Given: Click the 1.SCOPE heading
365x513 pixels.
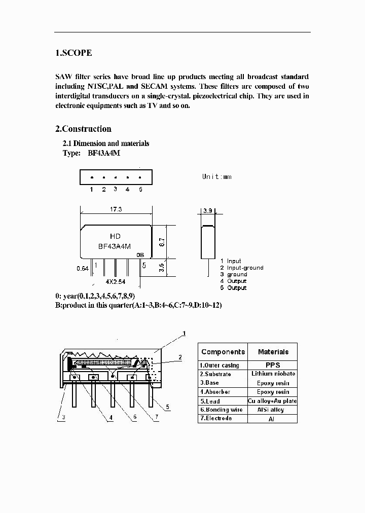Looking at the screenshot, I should [x=74, y=53].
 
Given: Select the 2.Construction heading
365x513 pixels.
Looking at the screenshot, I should [x=83, y=129].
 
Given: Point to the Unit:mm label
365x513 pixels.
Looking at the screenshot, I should [x=216, y=176].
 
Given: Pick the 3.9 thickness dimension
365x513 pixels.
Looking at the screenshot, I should [x=207, y=210].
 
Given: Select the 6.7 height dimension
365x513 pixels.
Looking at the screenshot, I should [x=162, y=243].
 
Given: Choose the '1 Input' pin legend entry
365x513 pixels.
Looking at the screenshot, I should [x=231, y=261].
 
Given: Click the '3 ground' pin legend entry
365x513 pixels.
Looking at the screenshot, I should [x=234, y=274].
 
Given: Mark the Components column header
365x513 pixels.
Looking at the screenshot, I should [x=223, y=352].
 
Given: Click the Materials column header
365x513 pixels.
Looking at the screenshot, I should [x=273, y=352].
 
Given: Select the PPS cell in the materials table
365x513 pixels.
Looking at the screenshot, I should [x=273, y=365].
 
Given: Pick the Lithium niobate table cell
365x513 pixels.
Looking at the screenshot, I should [x=273, y=374].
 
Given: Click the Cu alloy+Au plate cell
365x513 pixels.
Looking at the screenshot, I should [x=273, y=401].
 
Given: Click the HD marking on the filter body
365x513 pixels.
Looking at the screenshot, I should [x=115, y=236].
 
